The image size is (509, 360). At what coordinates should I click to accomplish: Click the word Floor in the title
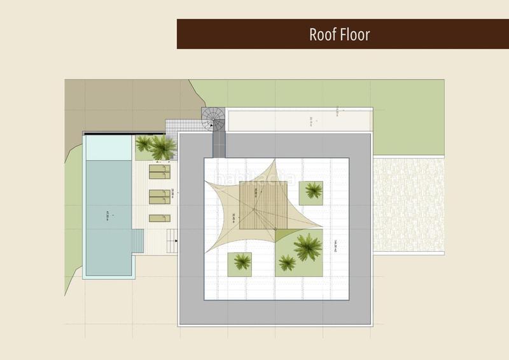[x=355, y=34]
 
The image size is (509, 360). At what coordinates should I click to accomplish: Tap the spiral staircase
[x=213, y=118]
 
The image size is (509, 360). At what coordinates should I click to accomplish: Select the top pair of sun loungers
[x=160, y=172]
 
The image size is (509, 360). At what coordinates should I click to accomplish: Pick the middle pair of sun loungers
[x=160, y=197]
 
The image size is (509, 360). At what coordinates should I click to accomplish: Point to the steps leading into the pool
[x=138, y=241]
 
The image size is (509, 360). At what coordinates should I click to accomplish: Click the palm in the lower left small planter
[x=240, y=262]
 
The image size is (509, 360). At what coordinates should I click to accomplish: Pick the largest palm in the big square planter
[x=307, y=245]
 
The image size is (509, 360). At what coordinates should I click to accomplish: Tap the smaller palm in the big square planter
[x=288, y=262]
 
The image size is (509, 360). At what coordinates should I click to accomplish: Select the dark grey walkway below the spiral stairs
[x=219, y=143]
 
